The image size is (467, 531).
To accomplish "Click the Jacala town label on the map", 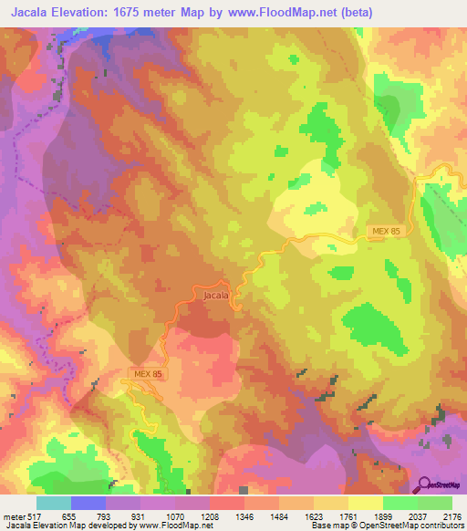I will [215, 295].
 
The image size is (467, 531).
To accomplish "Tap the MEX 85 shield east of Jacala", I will [387, 232].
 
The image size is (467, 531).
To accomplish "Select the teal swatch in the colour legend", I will [54, 503].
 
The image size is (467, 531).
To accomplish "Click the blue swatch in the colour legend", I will [88, 503].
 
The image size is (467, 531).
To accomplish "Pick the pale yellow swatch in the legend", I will [366, 503].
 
